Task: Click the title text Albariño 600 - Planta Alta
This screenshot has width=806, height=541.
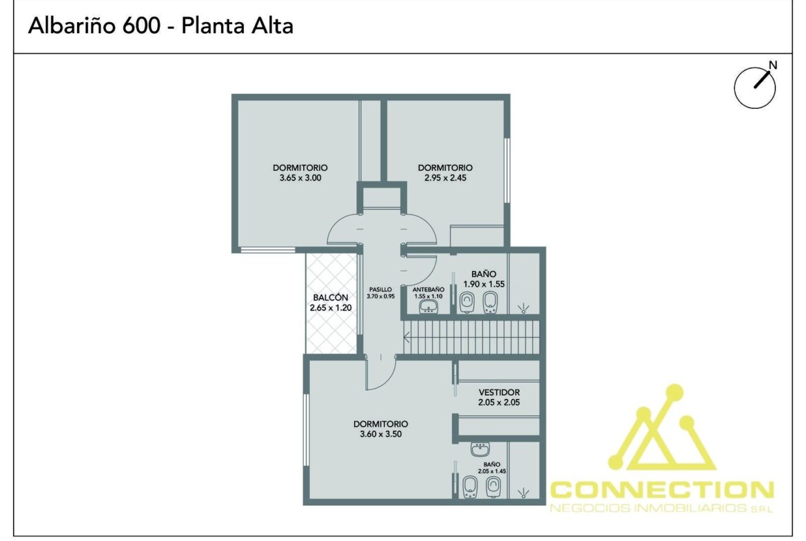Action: coord(161,25)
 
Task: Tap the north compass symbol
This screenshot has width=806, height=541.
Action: coord(754,87)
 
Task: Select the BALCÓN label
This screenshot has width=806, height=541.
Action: coord(331,297)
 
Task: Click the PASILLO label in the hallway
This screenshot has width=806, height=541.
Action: coord(380,289)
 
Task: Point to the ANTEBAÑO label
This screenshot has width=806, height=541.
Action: coord(428,289)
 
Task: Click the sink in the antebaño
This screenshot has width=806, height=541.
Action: coord(428,307)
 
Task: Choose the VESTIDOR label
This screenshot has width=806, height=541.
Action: coord(499,392)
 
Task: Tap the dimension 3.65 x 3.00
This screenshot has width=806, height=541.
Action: coord(300,178)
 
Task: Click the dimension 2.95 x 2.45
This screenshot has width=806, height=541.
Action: coord(445,178)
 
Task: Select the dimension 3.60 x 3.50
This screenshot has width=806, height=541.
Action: coord(381,434)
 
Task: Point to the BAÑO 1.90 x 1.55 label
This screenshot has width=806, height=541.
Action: coord(484,278)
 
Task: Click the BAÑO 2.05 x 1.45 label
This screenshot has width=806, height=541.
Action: coord(492,467)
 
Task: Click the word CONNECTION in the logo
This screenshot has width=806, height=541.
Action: coord(662,489)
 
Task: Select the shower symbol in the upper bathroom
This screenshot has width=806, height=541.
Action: coord(524,308)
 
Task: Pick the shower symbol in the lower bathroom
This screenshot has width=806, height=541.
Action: coord(524,493)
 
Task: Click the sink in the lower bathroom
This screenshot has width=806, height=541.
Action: coord(480,449)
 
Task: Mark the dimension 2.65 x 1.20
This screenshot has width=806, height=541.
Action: coord(331,307)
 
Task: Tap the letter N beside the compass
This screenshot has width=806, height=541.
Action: coord(772,65)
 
